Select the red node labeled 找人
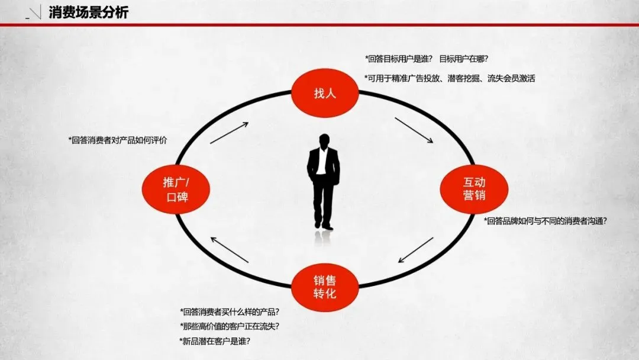click(325, 93)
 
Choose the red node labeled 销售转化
click(325, 286)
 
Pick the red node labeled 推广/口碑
click(175, 189)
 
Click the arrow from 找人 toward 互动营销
click(414, 130)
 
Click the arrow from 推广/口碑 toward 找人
click(229, 133)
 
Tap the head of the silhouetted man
click(324, 142)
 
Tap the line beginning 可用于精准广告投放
click(450, 78)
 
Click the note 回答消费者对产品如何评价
click(118, 140)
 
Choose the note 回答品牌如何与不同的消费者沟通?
click(545, 221)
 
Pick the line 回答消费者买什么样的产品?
click(230, 311)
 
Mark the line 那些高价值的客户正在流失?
click(230, 326)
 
